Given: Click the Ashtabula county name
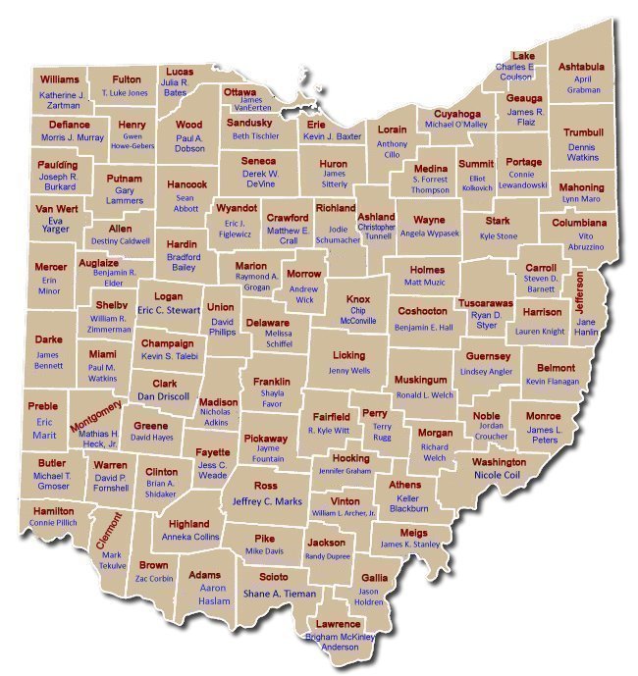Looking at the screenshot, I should coord(581,67).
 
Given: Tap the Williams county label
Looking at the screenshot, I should coord(59,78).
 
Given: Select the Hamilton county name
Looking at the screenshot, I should coord(53,511).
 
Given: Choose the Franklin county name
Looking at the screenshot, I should coord(272,381).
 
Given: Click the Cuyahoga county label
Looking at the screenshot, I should coord(456,113).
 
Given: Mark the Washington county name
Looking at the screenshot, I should coord(499,462).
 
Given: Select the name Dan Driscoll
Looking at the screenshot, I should coord(162,396).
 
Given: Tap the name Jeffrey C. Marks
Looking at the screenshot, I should coord(266,501).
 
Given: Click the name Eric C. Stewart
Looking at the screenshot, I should coord(169,310).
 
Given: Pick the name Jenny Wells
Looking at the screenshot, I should coord(349,371).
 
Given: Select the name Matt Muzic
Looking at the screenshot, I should coord(425,283).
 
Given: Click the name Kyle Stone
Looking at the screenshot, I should coord(498,236).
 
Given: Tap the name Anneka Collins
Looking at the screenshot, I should coord(189,538).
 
